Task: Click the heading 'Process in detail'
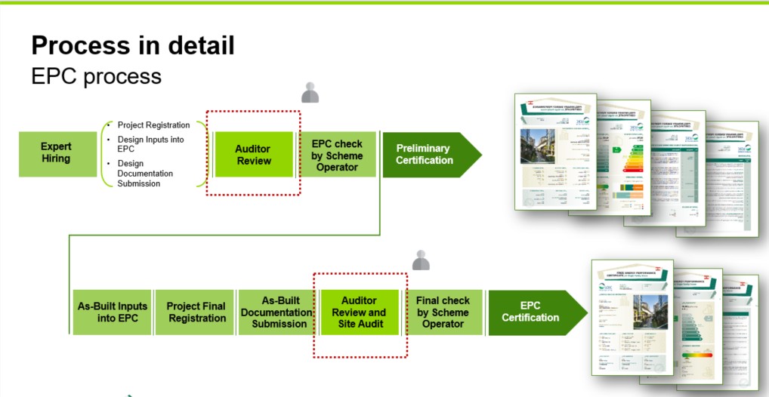(x=132, y=45)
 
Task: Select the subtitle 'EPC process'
(x=96, y=76)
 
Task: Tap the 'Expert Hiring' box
(x=56, y=153)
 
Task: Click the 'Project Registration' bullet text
(x=153, y=125)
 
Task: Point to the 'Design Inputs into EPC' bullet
(x=150, y=144)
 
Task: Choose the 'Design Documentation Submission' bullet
(x=145, y=174)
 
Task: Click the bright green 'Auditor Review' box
(x=253, y=155)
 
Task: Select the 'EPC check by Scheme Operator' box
(x=337, y=155)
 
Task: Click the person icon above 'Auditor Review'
(x=310, y=93)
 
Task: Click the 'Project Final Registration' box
(x=196, y=312)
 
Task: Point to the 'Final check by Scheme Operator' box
(x=443, y=312)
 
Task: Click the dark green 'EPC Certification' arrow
(x=531, y=312)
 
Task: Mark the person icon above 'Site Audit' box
(x=421, y=260)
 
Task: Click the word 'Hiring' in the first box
(x=56, y=158)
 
